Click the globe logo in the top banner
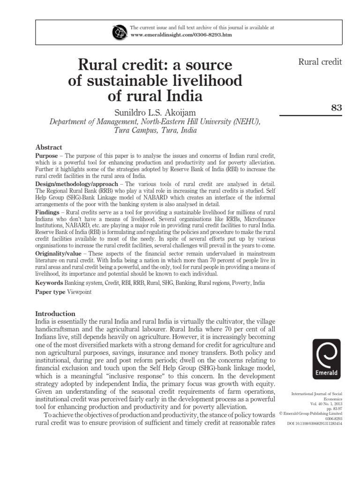coord(120,32)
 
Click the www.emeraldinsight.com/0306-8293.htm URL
coord(181,35)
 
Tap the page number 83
coord(336,107)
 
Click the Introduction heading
coord(55,314)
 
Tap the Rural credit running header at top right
coord(320,62)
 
